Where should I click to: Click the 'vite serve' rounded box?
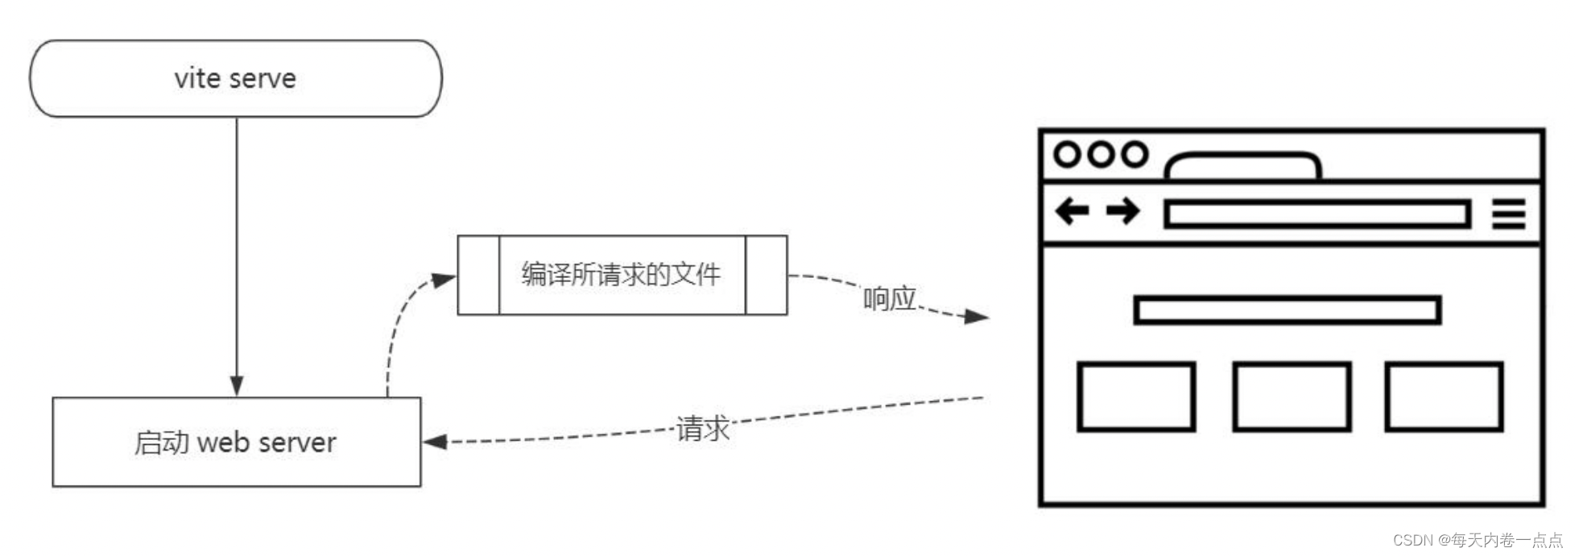click(x=235, y=78)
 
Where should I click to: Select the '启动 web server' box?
click(x=236, y=442)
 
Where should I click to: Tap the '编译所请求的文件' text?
click(x=621, y=275)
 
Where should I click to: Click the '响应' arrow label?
click(x=889, y=299)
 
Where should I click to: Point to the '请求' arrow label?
click(x=702, y=428)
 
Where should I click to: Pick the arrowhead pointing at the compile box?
click(x=443, y=280)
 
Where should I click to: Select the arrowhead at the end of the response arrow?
click(x=976, y=317)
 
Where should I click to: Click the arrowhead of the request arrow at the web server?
click(x=436, y=442)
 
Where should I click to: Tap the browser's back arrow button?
click(x=1072, y=212)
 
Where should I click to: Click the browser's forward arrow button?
click(x=1122, y=212)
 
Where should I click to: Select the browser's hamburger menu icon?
click(x=1508, y=214)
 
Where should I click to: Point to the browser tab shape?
click(x=1242, y=166)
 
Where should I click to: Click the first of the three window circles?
click(x=1067, y=154)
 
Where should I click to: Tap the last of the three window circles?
click(x=1135, y=154)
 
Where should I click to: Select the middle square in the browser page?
click(x=1291, y=396)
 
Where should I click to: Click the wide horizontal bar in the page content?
click(x=1287, y=310)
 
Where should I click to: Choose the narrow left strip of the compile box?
click(x=478, y=275)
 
